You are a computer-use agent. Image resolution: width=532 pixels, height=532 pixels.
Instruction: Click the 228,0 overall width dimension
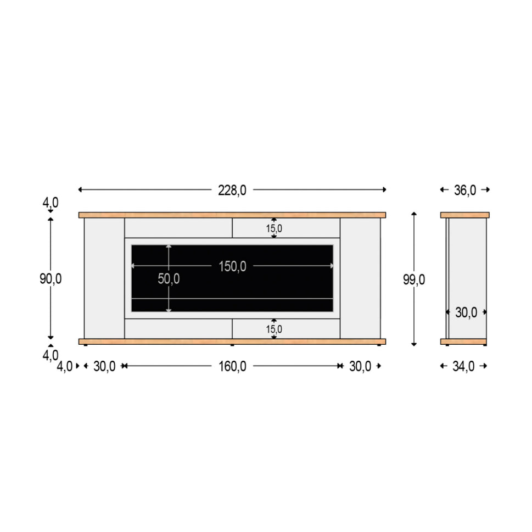point(232,190)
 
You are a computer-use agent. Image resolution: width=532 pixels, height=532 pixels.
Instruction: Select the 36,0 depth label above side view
point(464,190)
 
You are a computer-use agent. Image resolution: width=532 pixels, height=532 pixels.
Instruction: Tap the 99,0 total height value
point(414,279)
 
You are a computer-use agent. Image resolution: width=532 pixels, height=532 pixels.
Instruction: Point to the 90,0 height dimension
point(51,279)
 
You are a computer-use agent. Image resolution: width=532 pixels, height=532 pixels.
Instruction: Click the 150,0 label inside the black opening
point(232,266)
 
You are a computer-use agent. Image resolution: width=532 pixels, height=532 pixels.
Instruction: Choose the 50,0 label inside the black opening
point(169,279)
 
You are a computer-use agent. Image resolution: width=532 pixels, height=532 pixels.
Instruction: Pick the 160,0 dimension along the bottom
point(232,366)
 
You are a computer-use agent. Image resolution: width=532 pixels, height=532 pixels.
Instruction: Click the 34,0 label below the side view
point(463,366)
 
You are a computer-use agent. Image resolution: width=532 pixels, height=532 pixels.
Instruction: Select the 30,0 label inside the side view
point(466,312)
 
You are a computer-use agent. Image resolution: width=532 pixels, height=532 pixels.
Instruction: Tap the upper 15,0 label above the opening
point(274,228)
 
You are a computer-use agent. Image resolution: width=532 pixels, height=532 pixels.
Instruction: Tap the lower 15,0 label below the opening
point(274,329)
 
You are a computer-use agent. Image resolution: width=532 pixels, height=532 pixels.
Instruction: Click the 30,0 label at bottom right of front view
point(360,366)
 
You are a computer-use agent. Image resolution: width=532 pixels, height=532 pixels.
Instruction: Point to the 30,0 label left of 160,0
point(104,366)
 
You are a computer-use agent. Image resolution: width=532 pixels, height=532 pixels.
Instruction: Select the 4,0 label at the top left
point(51,203)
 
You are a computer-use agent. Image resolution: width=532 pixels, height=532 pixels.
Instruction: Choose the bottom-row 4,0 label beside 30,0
point(64,366)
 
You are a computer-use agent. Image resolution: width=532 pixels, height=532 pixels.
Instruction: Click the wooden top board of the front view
point(232,215)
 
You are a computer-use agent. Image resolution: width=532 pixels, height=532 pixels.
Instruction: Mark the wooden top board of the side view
point(464,215)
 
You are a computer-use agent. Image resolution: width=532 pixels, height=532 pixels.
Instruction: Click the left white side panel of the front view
point(104,278)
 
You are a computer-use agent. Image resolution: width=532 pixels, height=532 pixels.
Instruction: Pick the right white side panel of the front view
point(360,278)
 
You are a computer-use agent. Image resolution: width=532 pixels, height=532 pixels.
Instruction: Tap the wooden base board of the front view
point(232,341)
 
